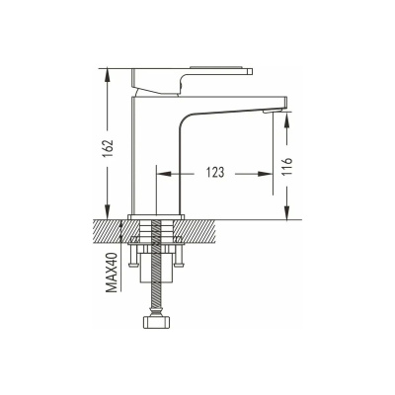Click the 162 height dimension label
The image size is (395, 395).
[x=108, y=148]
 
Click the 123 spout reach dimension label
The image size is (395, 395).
[x=215, y=172]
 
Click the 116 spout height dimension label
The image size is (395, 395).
[x=287, y=167]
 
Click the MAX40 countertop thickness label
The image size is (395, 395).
[x=113, y=273]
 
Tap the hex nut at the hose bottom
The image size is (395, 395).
[x=156, y=322]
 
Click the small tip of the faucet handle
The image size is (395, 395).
[x=250, y=71]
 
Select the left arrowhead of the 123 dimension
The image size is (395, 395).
[x=164, y=174]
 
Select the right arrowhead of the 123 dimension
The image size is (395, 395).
[x=266, y=174]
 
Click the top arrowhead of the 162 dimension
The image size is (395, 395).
[x=108, y=76]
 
